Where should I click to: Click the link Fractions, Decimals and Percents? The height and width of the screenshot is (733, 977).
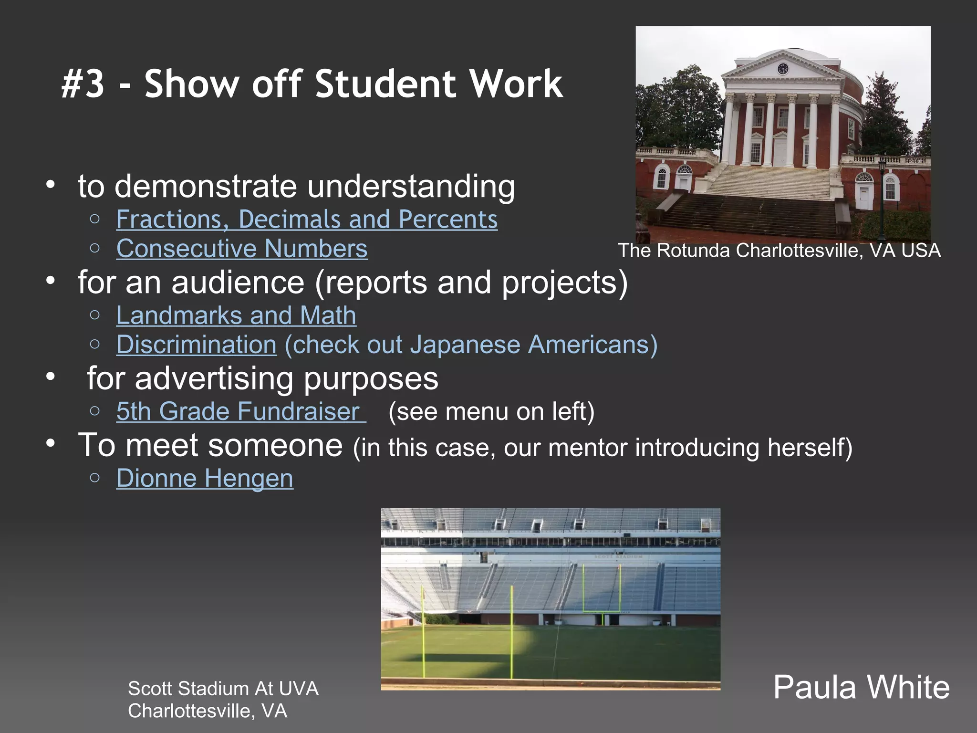tap(307, 220)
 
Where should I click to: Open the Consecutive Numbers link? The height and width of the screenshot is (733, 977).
tap(242, 249)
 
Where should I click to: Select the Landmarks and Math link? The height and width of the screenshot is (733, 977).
tap(236, 316)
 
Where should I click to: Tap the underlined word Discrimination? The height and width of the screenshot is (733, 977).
tap(196, 345)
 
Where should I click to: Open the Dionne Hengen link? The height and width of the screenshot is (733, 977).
tap(205, 479)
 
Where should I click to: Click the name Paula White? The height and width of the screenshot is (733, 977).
tap(861, 688)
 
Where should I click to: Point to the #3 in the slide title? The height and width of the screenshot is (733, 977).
tap(83, 84)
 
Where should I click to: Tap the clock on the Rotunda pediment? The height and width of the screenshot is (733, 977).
tap(783, 69)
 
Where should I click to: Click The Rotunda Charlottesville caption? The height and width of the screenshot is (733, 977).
tap(779, 251)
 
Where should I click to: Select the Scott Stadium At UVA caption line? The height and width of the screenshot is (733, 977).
tap(223, 689)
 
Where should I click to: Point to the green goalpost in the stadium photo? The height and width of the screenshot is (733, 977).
tap(602, 592)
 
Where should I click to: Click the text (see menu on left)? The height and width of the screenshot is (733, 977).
tap(491, 412)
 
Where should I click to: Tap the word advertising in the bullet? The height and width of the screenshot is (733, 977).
tap(213, 379)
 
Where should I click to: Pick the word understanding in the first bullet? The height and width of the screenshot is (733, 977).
tap(411, 186)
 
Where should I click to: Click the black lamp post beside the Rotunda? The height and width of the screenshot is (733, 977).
tap(882, 200)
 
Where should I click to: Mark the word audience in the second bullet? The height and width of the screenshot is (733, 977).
tap(238, 283)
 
